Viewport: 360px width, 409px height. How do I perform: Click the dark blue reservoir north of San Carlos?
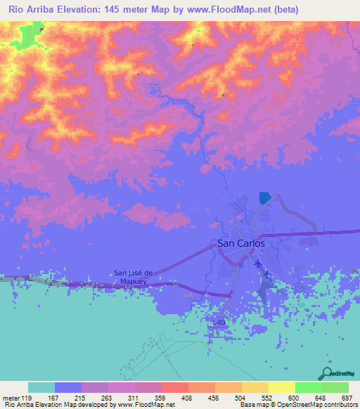(x=264, y=198)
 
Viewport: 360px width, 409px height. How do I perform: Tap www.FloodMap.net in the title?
(x=234, y=10)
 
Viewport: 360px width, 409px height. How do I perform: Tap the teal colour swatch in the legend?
(x=41, y=387)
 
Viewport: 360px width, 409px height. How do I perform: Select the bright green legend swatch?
(x=308, y=387)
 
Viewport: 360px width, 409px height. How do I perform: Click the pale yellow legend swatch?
(x=281, y=387)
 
